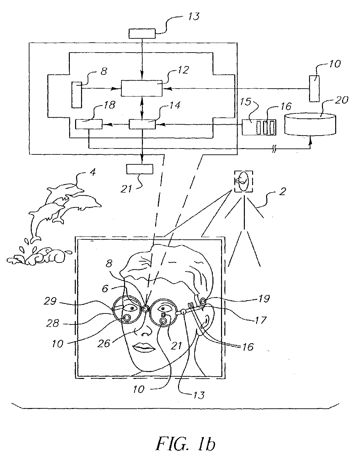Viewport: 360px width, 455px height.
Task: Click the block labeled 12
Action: tap(142, 88)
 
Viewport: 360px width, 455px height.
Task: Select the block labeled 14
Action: tap(142, 124)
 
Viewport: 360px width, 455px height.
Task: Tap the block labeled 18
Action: tap(89, 124)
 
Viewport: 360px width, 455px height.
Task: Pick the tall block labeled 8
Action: tap(76, 95)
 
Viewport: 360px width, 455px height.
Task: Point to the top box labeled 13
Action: tap(142, 34)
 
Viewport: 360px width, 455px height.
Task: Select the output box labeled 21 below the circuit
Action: tap(140, 169)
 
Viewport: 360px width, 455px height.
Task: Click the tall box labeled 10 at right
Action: tap(314, 89)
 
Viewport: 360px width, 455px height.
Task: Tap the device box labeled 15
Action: tap(259, 127)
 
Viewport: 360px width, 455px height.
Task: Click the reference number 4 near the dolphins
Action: tap(93, 173)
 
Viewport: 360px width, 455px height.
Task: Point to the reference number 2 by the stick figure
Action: tap(282, 191)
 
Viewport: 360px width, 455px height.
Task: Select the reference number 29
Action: tap(50, 301)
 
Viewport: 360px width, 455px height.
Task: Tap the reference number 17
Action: tap(260, 319)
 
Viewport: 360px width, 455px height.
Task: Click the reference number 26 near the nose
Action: tap(104, 343)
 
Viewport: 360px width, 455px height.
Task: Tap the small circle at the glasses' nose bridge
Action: tap(145, 309)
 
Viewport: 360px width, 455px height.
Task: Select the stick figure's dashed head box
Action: tap(244, 182)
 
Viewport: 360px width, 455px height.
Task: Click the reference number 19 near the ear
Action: tap(264, 298)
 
